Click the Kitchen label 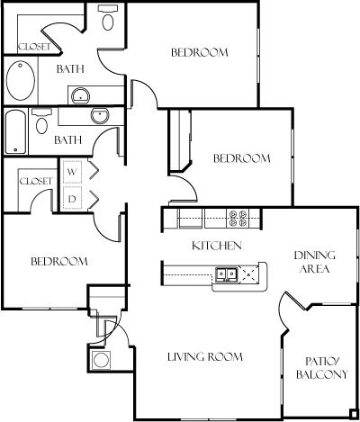pyautogui.click(x=217, y=246)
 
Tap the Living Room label pyautogui.click(x=205, y=357)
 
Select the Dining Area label pyautogui.click(x=315, y=262)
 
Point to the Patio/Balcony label pyautogui.click(x=322, y=368)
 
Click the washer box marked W pyautogui.click(x=72, y=172)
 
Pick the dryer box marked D pyautogui.click(x=72, y=198)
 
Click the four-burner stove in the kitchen pyautogui.click(x=238, y=218)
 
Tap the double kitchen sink pyautogui.click(x=226, y=274)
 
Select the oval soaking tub pyautogui.click(x=21, y=80)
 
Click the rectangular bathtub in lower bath pyautogui.click(x=16, y=131)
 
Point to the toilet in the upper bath pyautogui.click(x=108, y=17)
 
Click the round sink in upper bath pyautogui.click(x=81, y=96)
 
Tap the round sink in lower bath pyautogui.click(x=100, y=116)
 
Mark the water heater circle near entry pyautogui.click(x=101, y=360)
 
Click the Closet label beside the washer pyautogui.click(x=36, y=181)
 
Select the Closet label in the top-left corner pyautogui.click(x=34, y=47)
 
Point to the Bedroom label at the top pyautogui.click(x=200, y=52)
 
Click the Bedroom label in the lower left pyautogui.click(x=59, y=262)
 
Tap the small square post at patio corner pyautogui.click(x=354, y=414)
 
